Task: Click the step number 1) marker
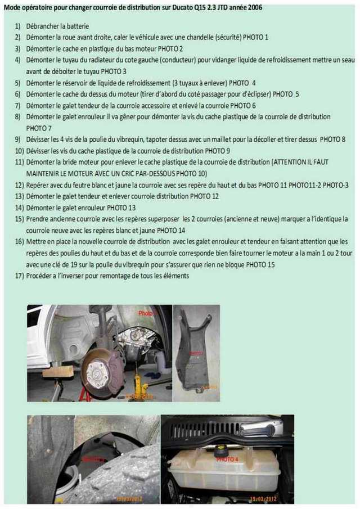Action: tap(17, 26)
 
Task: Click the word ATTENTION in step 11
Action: tap(289, 161)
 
